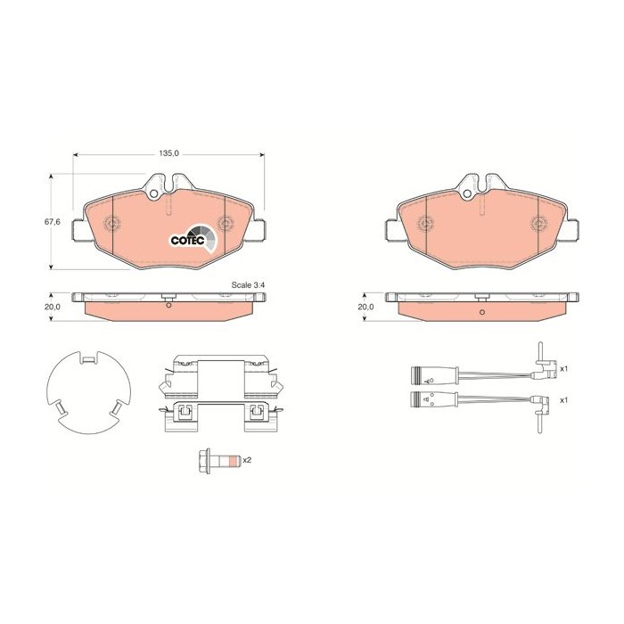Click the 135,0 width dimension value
[x=169, y=153]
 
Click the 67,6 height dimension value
[x=52, y=222]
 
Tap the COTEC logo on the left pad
[x=193, y=239]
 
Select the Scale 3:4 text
[x=249, y=285]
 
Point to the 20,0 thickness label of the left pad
[x=52, y=307]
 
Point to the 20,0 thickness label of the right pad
[x=365, y=307]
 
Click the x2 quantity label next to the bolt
[x=247, y=460]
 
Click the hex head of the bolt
[x=204, y=461]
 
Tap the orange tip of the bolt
[x=235, y=461]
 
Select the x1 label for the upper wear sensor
[x=563, y=369]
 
